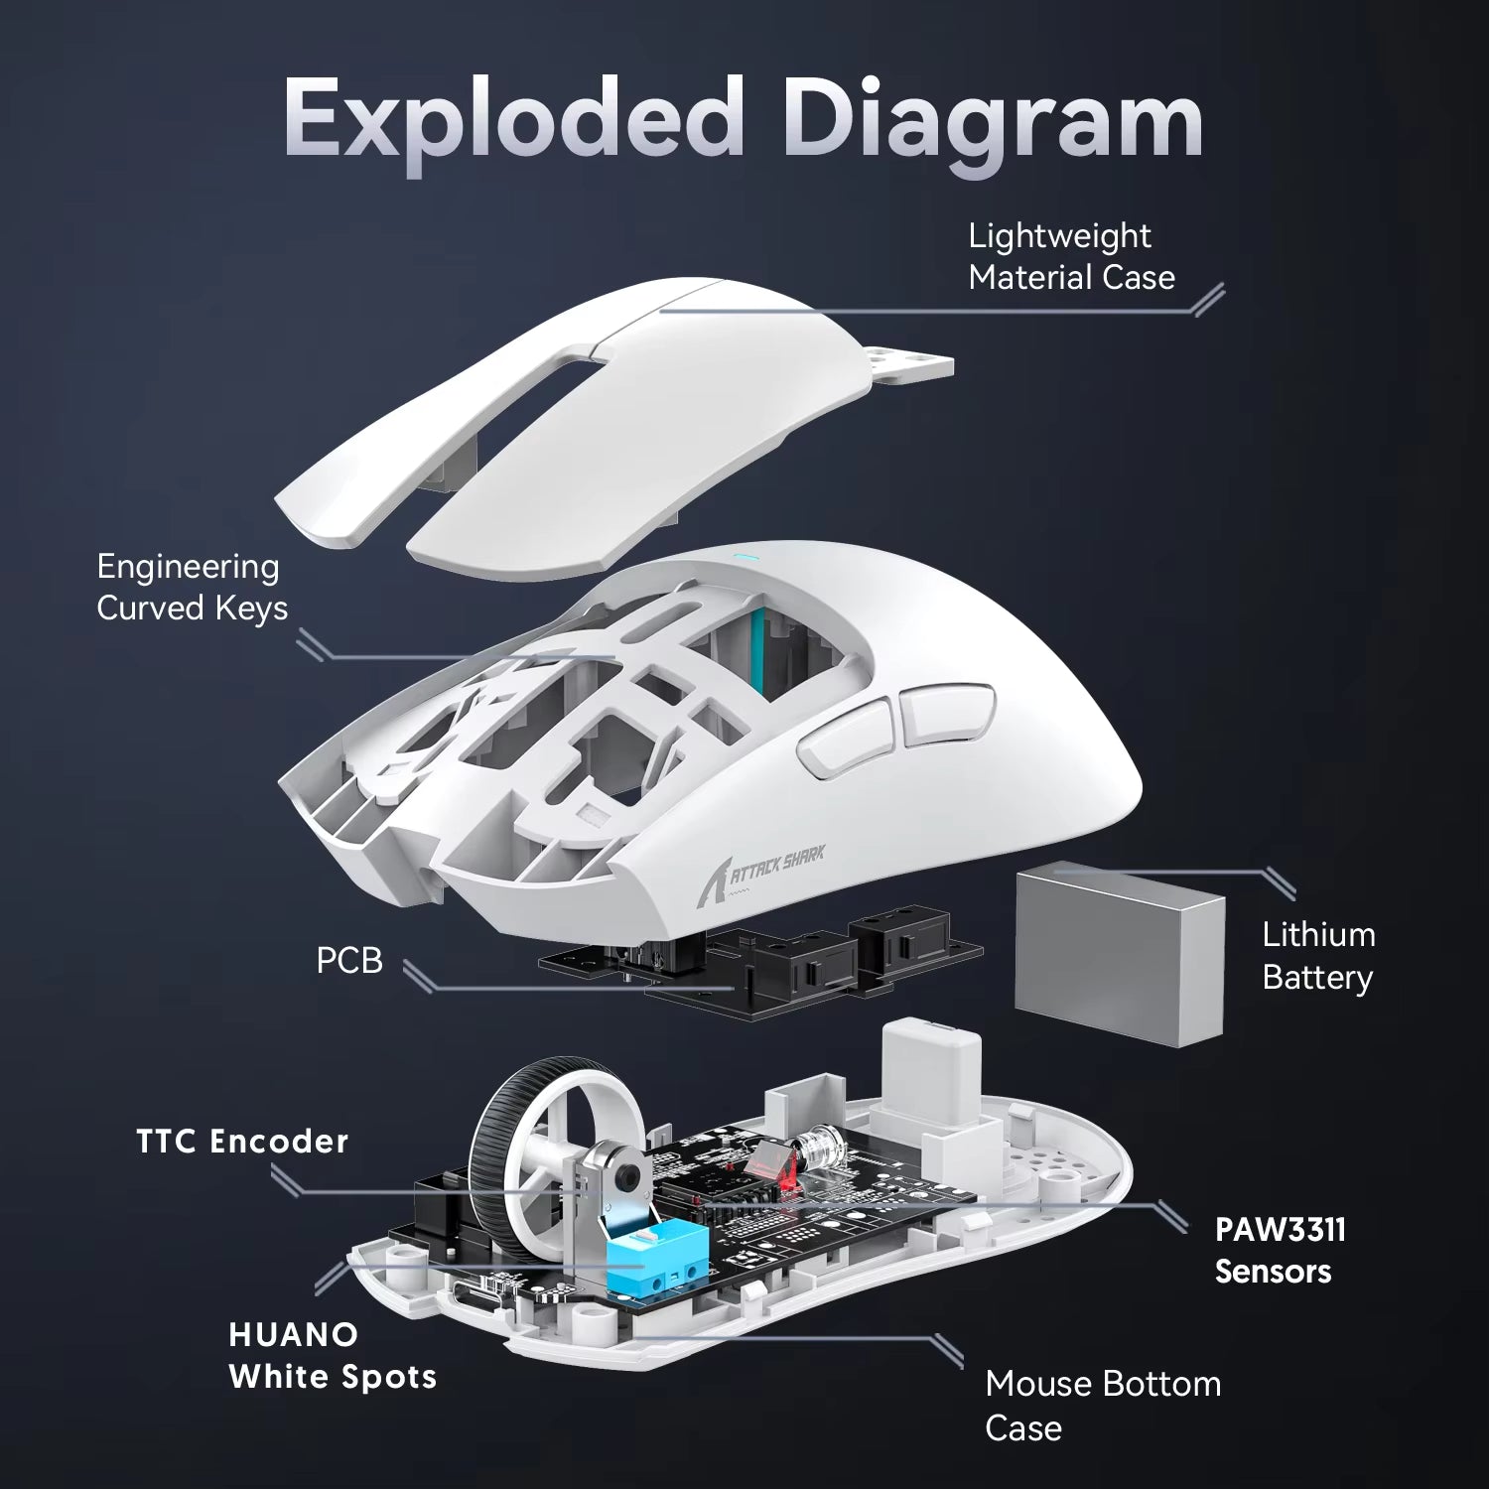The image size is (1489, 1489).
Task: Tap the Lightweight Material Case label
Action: pos(1070,257)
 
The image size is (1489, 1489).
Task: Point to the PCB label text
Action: pos(348,961)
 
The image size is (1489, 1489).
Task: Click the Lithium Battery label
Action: pos(1317,956)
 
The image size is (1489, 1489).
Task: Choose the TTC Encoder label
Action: pos(242,1142)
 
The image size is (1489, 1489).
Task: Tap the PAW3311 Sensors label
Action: pos(1280,1251)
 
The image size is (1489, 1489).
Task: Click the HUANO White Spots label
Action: pos(332,1356)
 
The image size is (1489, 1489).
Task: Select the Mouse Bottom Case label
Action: pos(1102,1405)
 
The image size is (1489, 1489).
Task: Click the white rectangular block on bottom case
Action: pos(930,1062)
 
